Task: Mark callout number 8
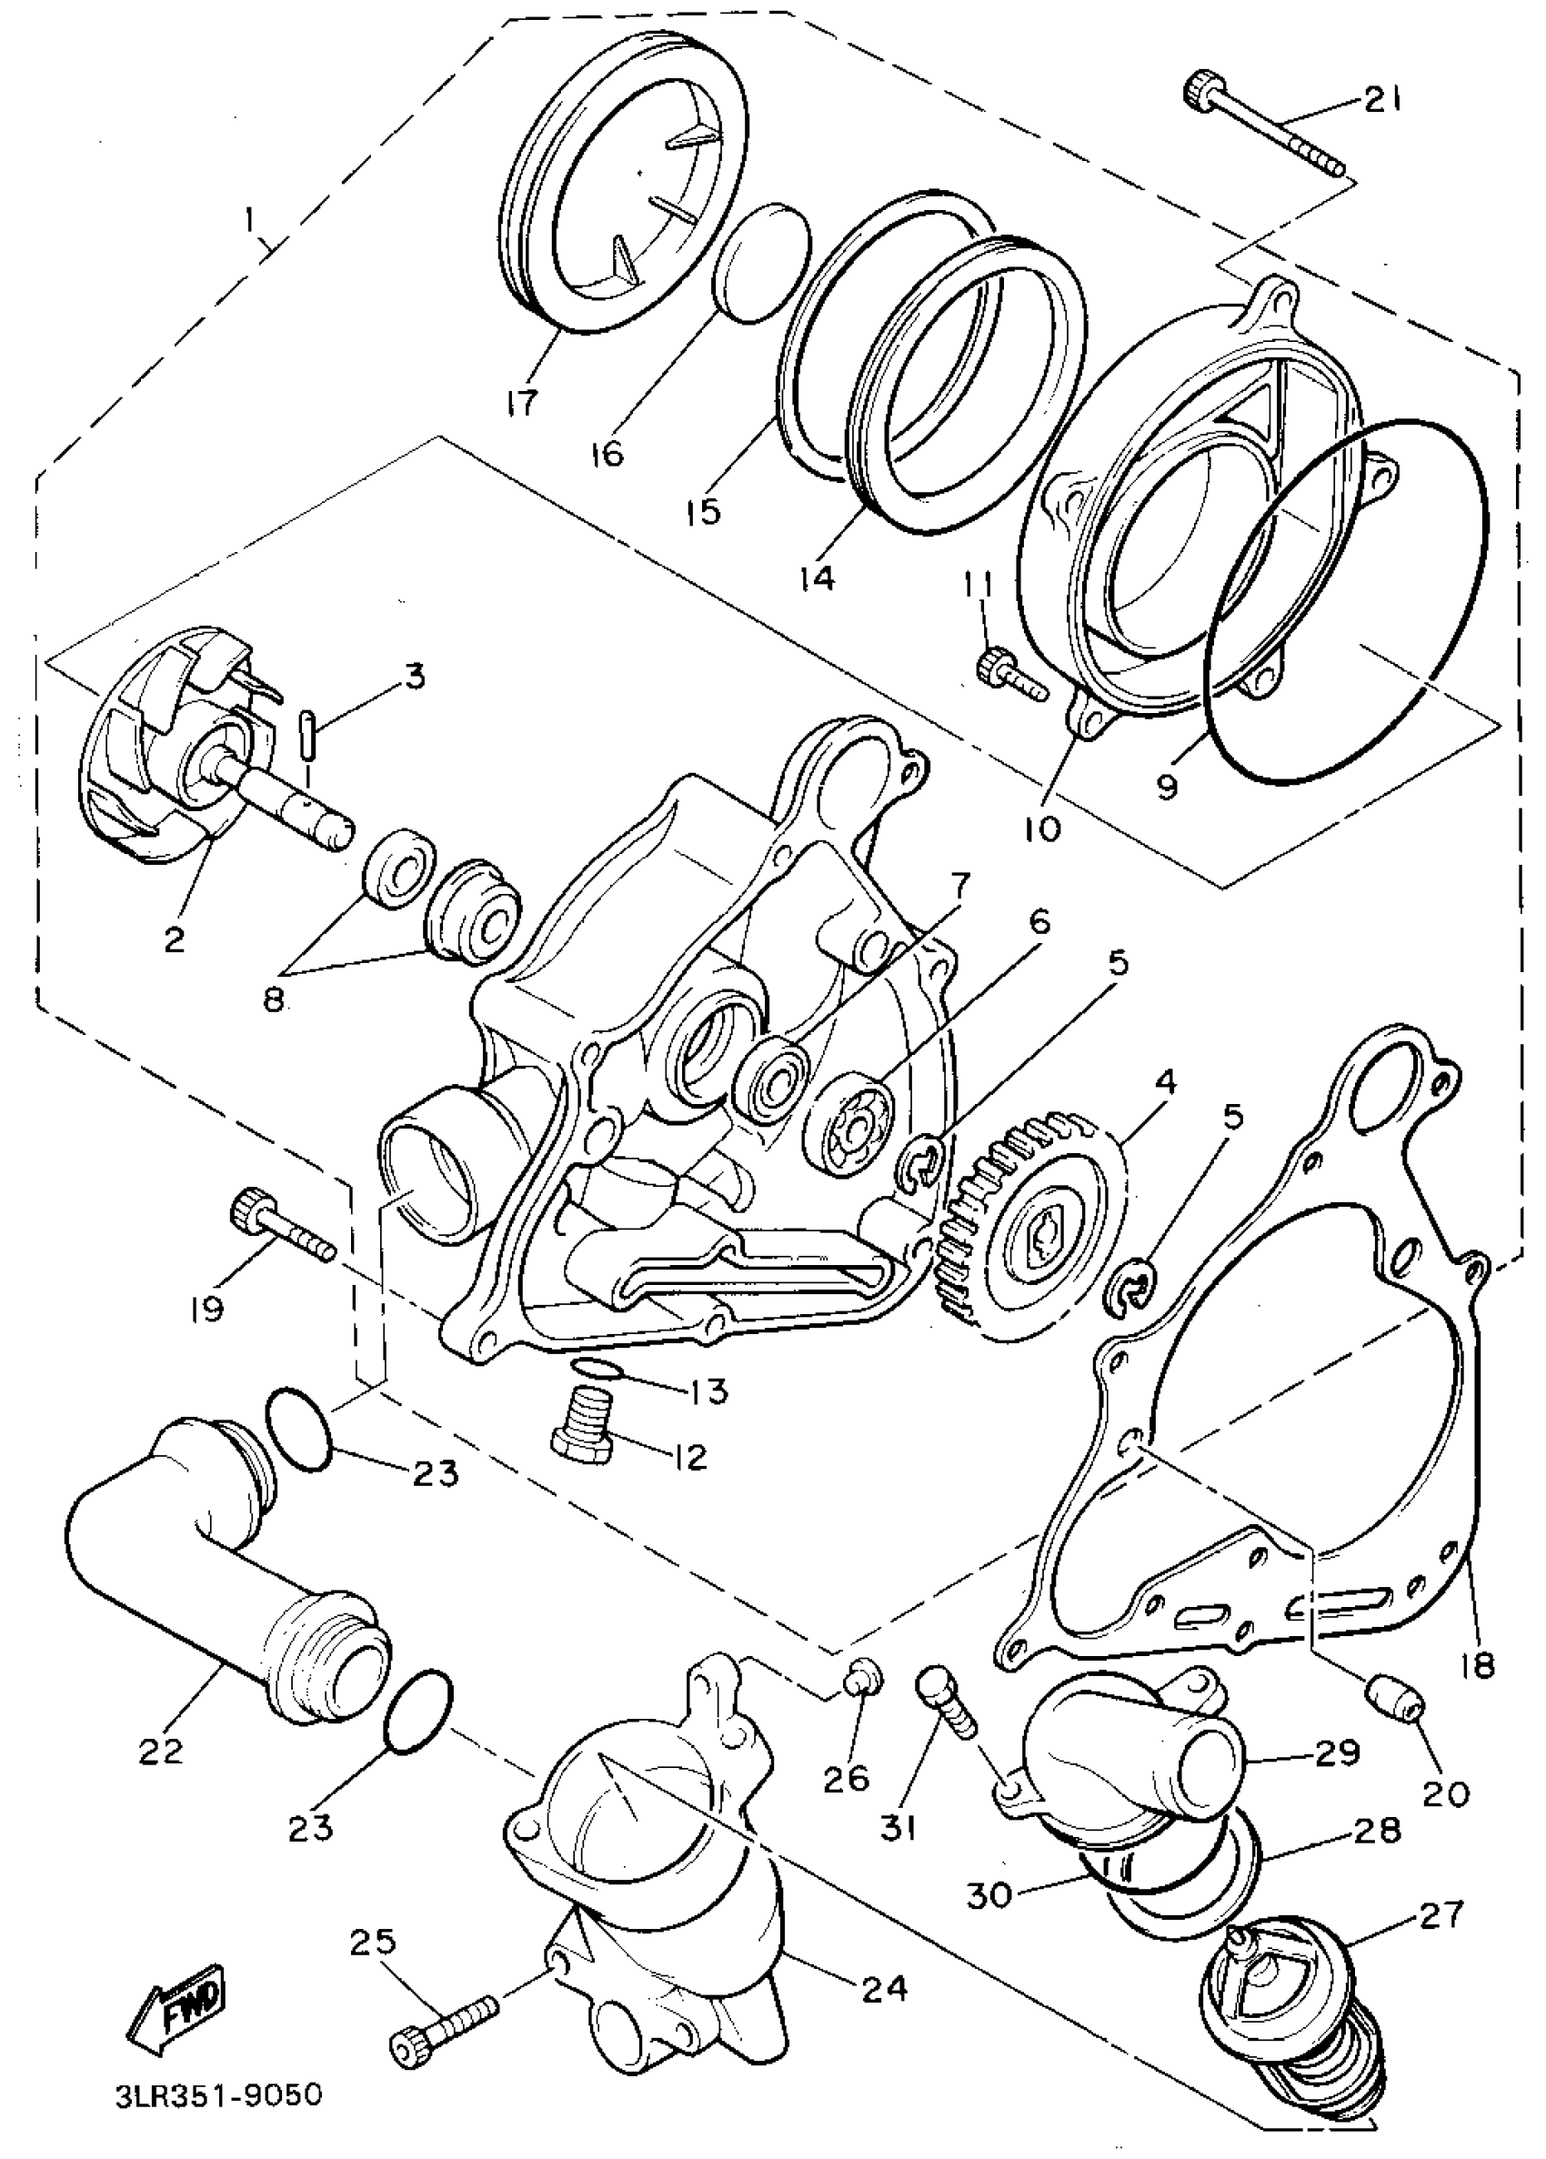[273, 1002]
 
